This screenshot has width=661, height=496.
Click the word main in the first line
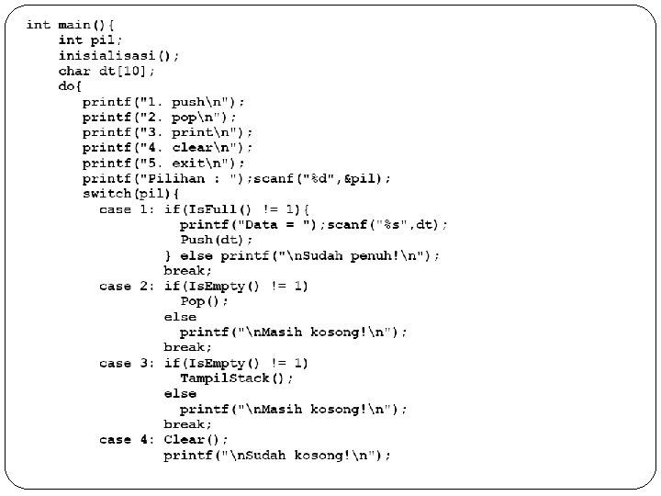coord(75,25)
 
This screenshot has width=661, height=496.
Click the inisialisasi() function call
coord(118,55)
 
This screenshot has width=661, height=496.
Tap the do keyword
coord(67,85)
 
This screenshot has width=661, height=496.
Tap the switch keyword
coord(106,194)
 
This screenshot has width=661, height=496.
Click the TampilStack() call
coord(237,378)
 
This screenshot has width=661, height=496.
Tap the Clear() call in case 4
coord(193,440)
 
